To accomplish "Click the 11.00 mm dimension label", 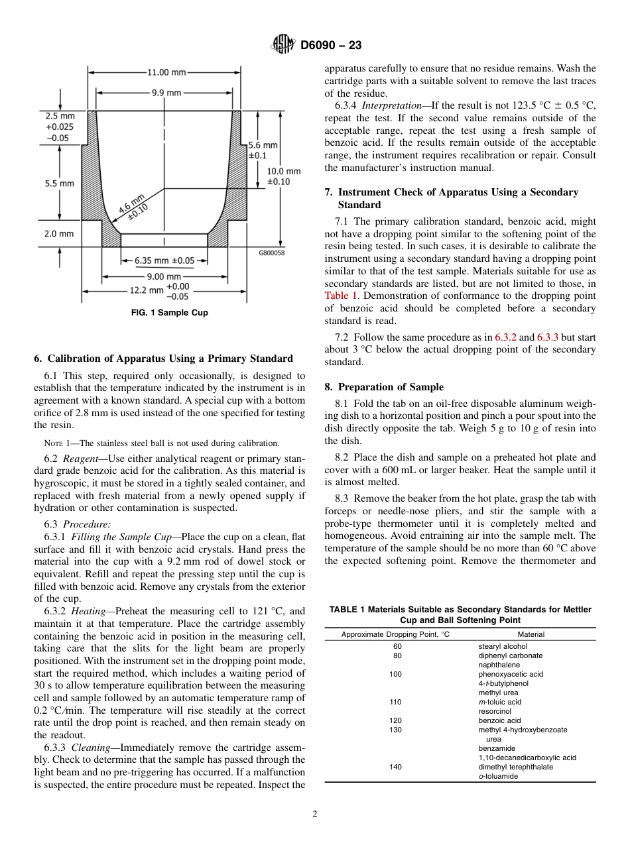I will pos(166,72).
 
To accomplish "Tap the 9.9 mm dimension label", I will pos(166,93).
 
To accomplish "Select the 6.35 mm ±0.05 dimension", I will pos(164,260).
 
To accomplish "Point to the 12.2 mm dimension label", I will pos(146,290).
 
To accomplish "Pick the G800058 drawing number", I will pos(272,253).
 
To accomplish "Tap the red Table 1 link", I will pos(341,296).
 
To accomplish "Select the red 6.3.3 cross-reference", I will pos(548,337).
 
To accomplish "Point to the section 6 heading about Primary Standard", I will pos(163,359).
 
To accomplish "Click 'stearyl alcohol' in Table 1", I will pos(503,646).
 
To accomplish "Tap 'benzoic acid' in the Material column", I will pos(499,720).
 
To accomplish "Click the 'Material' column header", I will pos(530,634).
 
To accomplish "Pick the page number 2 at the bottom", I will pos(314,815).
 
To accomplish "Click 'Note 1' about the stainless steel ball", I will pos(55,443).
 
